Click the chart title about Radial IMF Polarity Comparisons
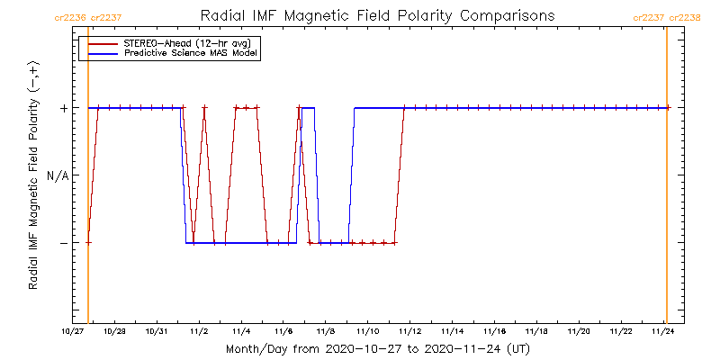(377, 16)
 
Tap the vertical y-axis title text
(33, 180)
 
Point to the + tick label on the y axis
(64, 108)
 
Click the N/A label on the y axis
(58, 175)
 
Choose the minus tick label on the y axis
(64, 243)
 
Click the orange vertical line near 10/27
(88, 180)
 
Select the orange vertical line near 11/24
(666, 180)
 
